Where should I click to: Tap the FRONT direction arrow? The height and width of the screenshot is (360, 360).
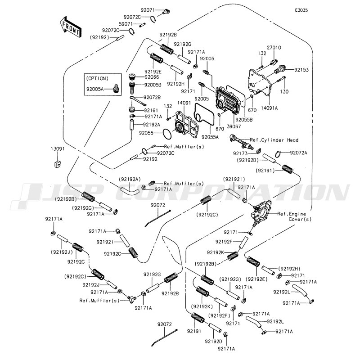71,27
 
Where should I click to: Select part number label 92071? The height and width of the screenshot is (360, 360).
148,10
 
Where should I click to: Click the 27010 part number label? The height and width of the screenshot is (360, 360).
274,47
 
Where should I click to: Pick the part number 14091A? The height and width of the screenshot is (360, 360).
270,108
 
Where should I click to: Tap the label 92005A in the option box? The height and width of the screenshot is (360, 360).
95,90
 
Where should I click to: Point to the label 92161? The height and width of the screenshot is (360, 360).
152,109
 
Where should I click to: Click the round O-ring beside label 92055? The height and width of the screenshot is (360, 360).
166,134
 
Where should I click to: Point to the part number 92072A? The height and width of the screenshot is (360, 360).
298,153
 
